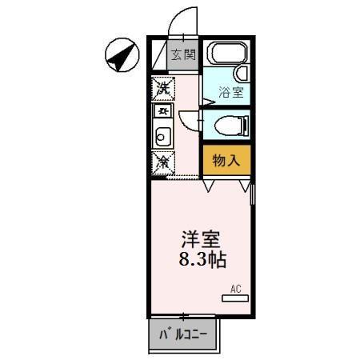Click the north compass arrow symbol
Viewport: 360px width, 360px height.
click(120, 55)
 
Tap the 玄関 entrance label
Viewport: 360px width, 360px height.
click(183, 55)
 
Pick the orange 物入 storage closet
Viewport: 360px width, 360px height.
click(226, 159)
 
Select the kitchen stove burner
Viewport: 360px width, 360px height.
click(162, 110)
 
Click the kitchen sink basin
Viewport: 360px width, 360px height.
click(162, 136)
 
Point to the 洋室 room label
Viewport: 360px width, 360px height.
click(200, 239)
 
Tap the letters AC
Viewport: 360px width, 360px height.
click(236, 288)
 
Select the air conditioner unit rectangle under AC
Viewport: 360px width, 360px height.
click(235, 298)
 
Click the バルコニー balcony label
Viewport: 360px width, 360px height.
click(183, 334)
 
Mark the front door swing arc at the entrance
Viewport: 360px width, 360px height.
click(182, 20)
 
